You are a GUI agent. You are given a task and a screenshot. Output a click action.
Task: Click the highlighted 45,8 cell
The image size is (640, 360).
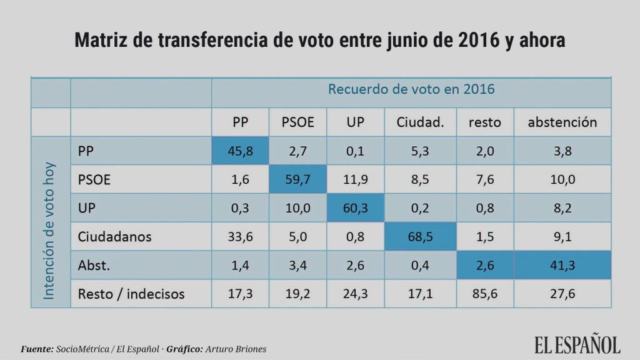240,151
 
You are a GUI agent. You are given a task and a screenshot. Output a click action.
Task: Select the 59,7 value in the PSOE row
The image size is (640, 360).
297,179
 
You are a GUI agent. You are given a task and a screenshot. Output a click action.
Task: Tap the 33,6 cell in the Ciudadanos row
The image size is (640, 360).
240,237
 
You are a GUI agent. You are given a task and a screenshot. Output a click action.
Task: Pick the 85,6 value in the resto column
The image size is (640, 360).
484,293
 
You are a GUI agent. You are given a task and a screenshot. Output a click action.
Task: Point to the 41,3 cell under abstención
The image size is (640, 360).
562,265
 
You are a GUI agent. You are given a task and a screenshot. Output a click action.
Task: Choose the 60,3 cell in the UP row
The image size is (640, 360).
355,208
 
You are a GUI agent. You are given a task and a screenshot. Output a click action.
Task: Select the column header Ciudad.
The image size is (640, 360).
420,122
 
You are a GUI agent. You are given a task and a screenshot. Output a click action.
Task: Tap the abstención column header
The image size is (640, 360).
562,122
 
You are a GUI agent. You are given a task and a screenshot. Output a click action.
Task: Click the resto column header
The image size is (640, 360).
484,122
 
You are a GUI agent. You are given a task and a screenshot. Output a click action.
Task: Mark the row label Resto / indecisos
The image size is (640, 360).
131,293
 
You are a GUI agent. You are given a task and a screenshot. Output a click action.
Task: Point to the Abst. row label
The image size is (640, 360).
94,265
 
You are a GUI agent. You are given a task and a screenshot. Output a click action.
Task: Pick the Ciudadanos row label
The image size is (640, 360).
114,237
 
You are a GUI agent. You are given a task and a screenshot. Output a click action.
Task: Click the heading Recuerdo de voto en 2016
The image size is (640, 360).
411,89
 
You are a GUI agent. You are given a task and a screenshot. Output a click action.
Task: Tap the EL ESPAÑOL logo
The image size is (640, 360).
577,344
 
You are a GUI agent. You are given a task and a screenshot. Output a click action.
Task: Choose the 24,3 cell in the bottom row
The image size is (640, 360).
355,293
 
